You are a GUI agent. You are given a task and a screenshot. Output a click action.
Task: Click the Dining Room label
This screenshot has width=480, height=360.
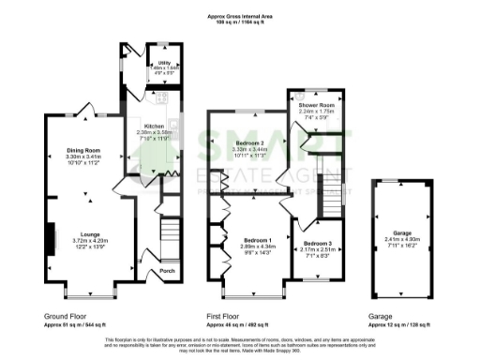click(84, 150)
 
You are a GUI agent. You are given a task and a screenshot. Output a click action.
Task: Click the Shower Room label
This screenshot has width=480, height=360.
click(316, 105)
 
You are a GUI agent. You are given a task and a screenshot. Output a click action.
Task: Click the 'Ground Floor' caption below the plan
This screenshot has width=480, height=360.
click(65, 317)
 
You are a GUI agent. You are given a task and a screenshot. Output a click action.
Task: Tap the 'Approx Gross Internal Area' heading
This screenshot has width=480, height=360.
click(239, 16)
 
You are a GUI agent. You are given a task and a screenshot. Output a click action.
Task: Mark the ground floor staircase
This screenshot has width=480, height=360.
click(170, 230)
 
